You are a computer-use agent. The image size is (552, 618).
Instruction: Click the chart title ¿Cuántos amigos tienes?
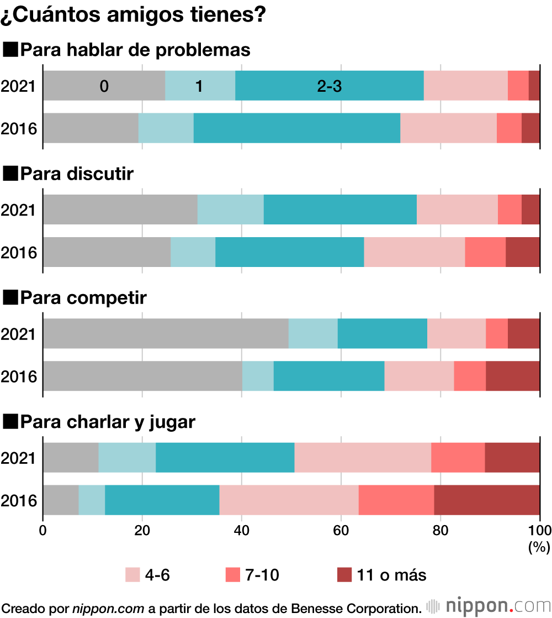coord(134,14)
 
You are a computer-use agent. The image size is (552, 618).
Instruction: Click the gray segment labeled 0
coord(104,86)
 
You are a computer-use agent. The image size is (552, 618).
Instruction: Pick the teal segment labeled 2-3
coord(329,86)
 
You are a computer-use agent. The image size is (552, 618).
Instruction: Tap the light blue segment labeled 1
coord(200,86)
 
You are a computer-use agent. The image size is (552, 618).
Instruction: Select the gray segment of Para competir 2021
coord(166,333)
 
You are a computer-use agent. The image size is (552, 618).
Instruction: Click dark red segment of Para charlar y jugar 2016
coord(487,500)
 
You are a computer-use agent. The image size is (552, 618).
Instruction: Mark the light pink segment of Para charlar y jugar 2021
coord(363,457)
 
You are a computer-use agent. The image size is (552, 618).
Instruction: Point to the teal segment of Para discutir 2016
coord(289,252)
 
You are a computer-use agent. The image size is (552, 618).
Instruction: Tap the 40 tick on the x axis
coord(242,531)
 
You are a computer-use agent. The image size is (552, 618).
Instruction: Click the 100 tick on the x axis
coord(540,531)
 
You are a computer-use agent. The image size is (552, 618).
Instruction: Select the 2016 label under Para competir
coord(19,376)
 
